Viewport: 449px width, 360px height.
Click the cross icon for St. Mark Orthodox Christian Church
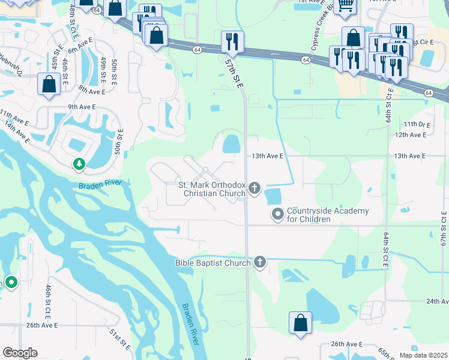[255, 189]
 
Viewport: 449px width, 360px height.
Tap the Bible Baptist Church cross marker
[260, 262]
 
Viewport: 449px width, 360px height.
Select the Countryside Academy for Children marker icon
[278, 214]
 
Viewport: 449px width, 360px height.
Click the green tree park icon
[79, 163]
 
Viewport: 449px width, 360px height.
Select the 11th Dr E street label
[418, 124]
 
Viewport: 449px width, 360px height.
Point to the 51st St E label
[120, 340]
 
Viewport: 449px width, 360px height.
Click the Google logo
[20, 353]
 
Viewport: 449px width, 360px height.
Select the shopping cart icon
[346, 6]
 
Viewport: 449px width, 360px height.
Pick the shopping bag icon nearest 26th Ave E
[300, 323]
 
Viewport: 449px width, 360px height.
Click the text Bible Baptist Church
[212, 262]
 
